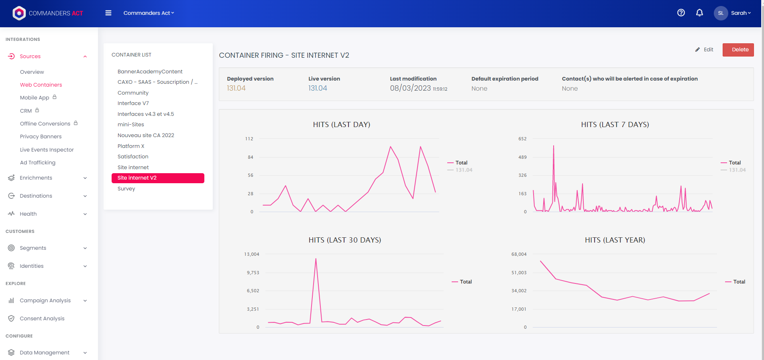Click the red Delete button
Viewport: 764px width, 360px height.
(738, 50)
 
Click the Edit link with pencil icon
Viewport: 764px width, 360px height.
(705, 50)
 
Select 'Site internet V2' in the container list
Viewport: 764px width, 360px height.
(158, 178)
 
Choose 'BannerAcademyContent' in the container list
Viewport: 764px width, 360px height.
(150, 71)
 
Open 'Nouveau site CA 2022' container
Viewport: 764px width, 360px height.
(146, 135)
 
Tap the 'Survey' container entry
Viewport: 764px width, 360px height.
(126, 189)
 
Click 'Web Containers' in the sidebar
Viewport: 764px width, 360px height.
(41, 85)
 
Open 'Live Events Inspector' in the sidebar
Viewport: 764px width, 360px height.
(47, 150)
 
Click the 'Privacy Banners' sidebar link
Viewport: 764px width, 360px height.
(41, 137)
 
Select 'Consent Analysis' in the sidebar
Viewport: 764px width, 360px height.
(42, 318)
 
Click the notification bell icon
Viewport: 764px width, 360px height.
(699, 13)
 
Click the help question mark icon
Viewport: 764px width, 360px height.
(681, 13)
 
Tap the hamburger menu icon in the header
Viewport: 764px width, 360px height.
(108, 13)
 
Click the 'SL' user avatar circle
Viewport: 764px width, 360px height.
(721, 13)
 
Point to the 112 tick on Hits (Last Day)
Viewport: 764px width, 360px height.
(249, 139)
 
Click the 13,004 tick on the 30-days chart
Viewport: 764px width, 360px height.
(252, 254)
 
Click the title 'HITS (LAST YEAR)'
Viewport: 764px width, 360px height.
(615, 240)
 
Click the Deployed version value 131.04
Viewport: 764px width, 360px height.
(236, 88)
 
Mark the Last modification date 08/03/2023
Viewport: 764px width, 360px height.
(410, 88)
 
